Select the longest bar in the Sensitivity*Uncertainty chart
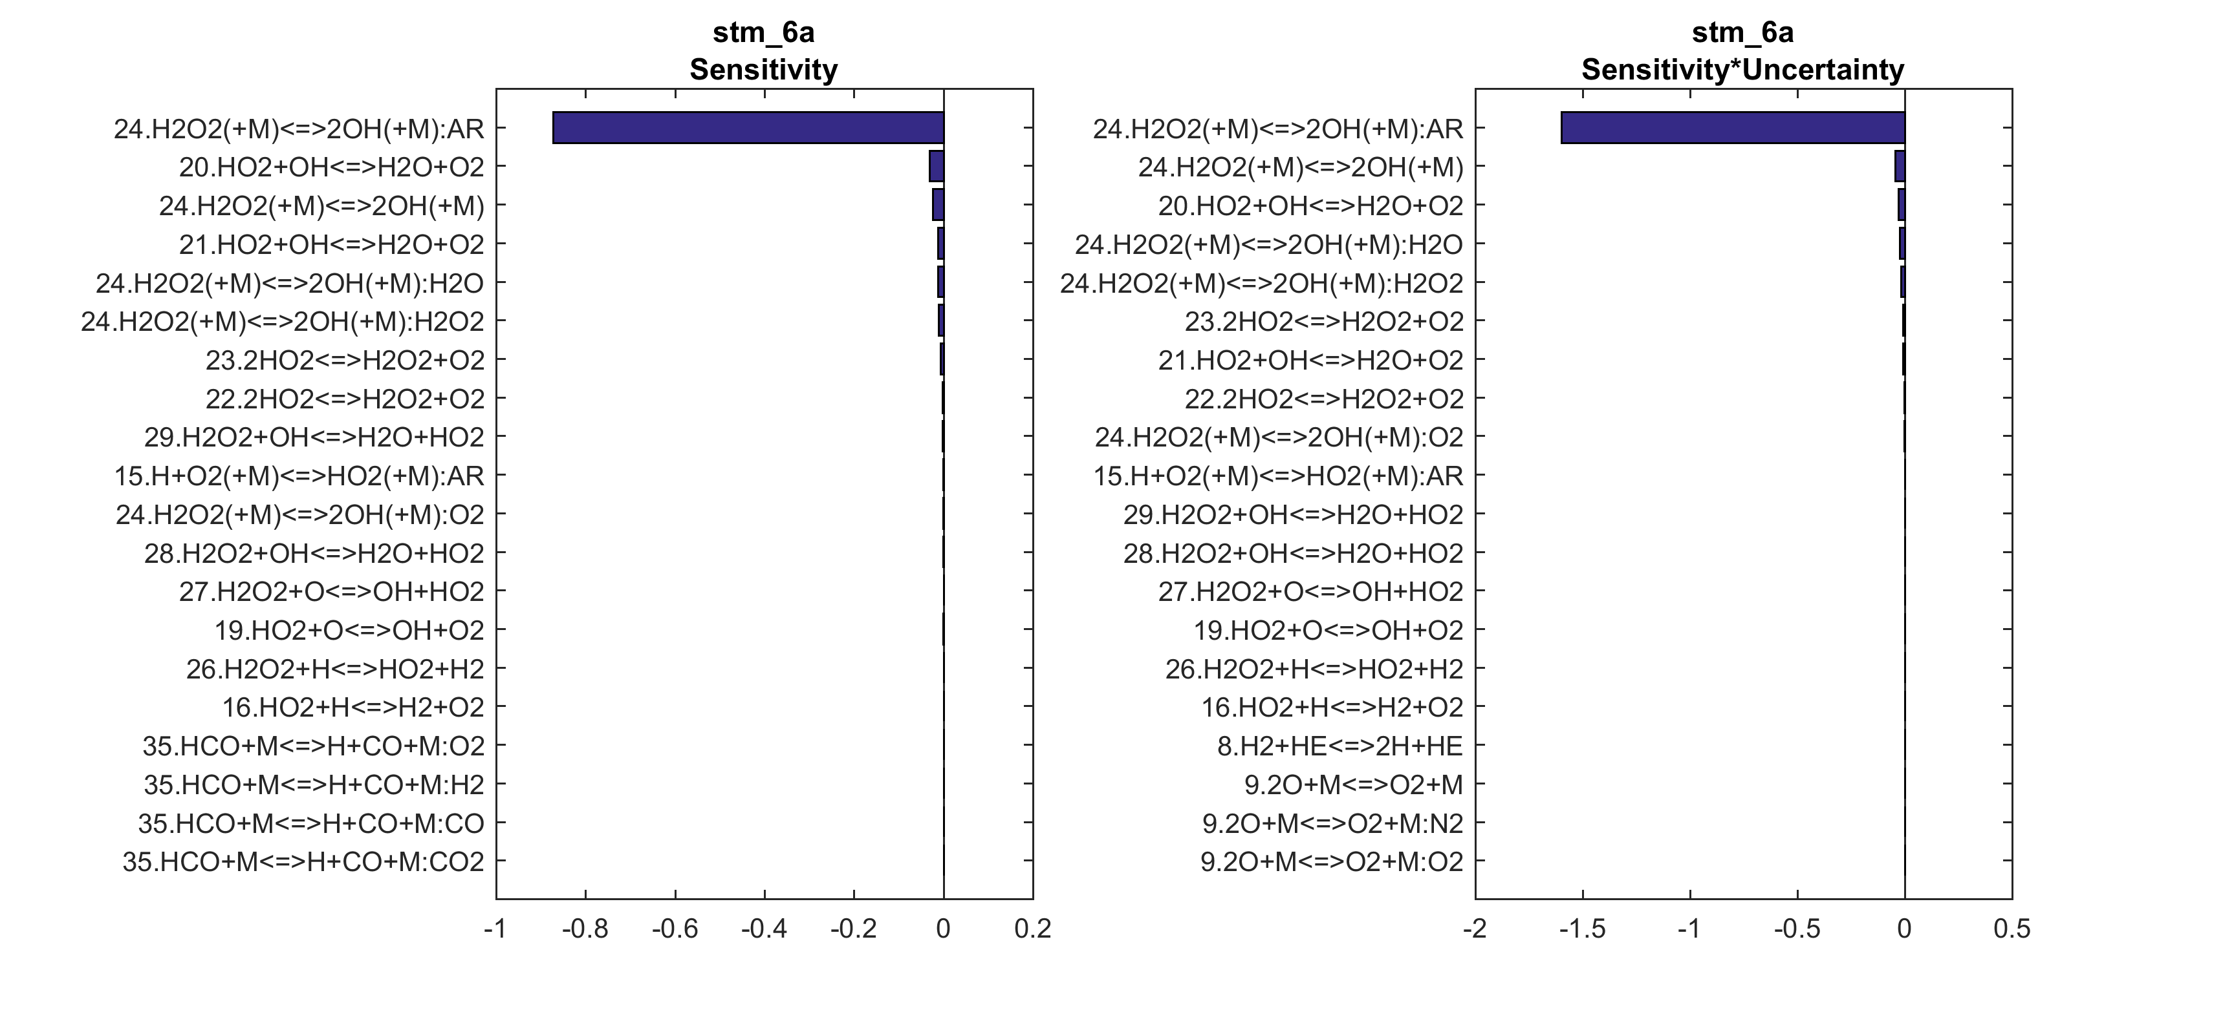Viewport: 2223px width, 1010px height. click(x=1732, y=128)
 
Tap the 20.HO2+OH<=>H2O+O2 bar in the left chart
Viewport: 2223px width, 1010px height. click(x=937, y=167)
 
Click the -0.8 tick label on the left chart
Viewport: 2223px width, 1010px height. click(x=585, y=929)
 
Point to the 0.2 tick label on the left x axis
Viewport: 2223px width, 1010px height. click(x=1033, y=929)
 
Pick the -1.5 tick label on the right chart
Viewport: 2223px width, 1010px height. click(x=1583, y=929)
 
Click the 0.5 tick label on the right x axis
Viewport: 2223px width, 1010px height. click(x=2012, y=929)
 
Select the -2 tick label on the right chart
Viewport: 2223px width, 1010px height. click(x=1476, y=929)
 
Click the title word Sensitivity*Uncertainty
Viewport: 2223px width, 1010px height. click(x=1742, y=69)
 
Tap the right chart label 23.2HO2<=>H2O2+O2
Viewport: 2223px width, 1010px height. click(x=1324, y=322)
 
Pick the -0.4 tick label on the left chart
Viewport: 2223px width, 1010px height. click(x=764, y=929)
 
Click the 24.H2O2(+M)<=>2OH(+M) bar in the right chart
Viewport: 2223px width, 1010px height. click(x=1900, y=167)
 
